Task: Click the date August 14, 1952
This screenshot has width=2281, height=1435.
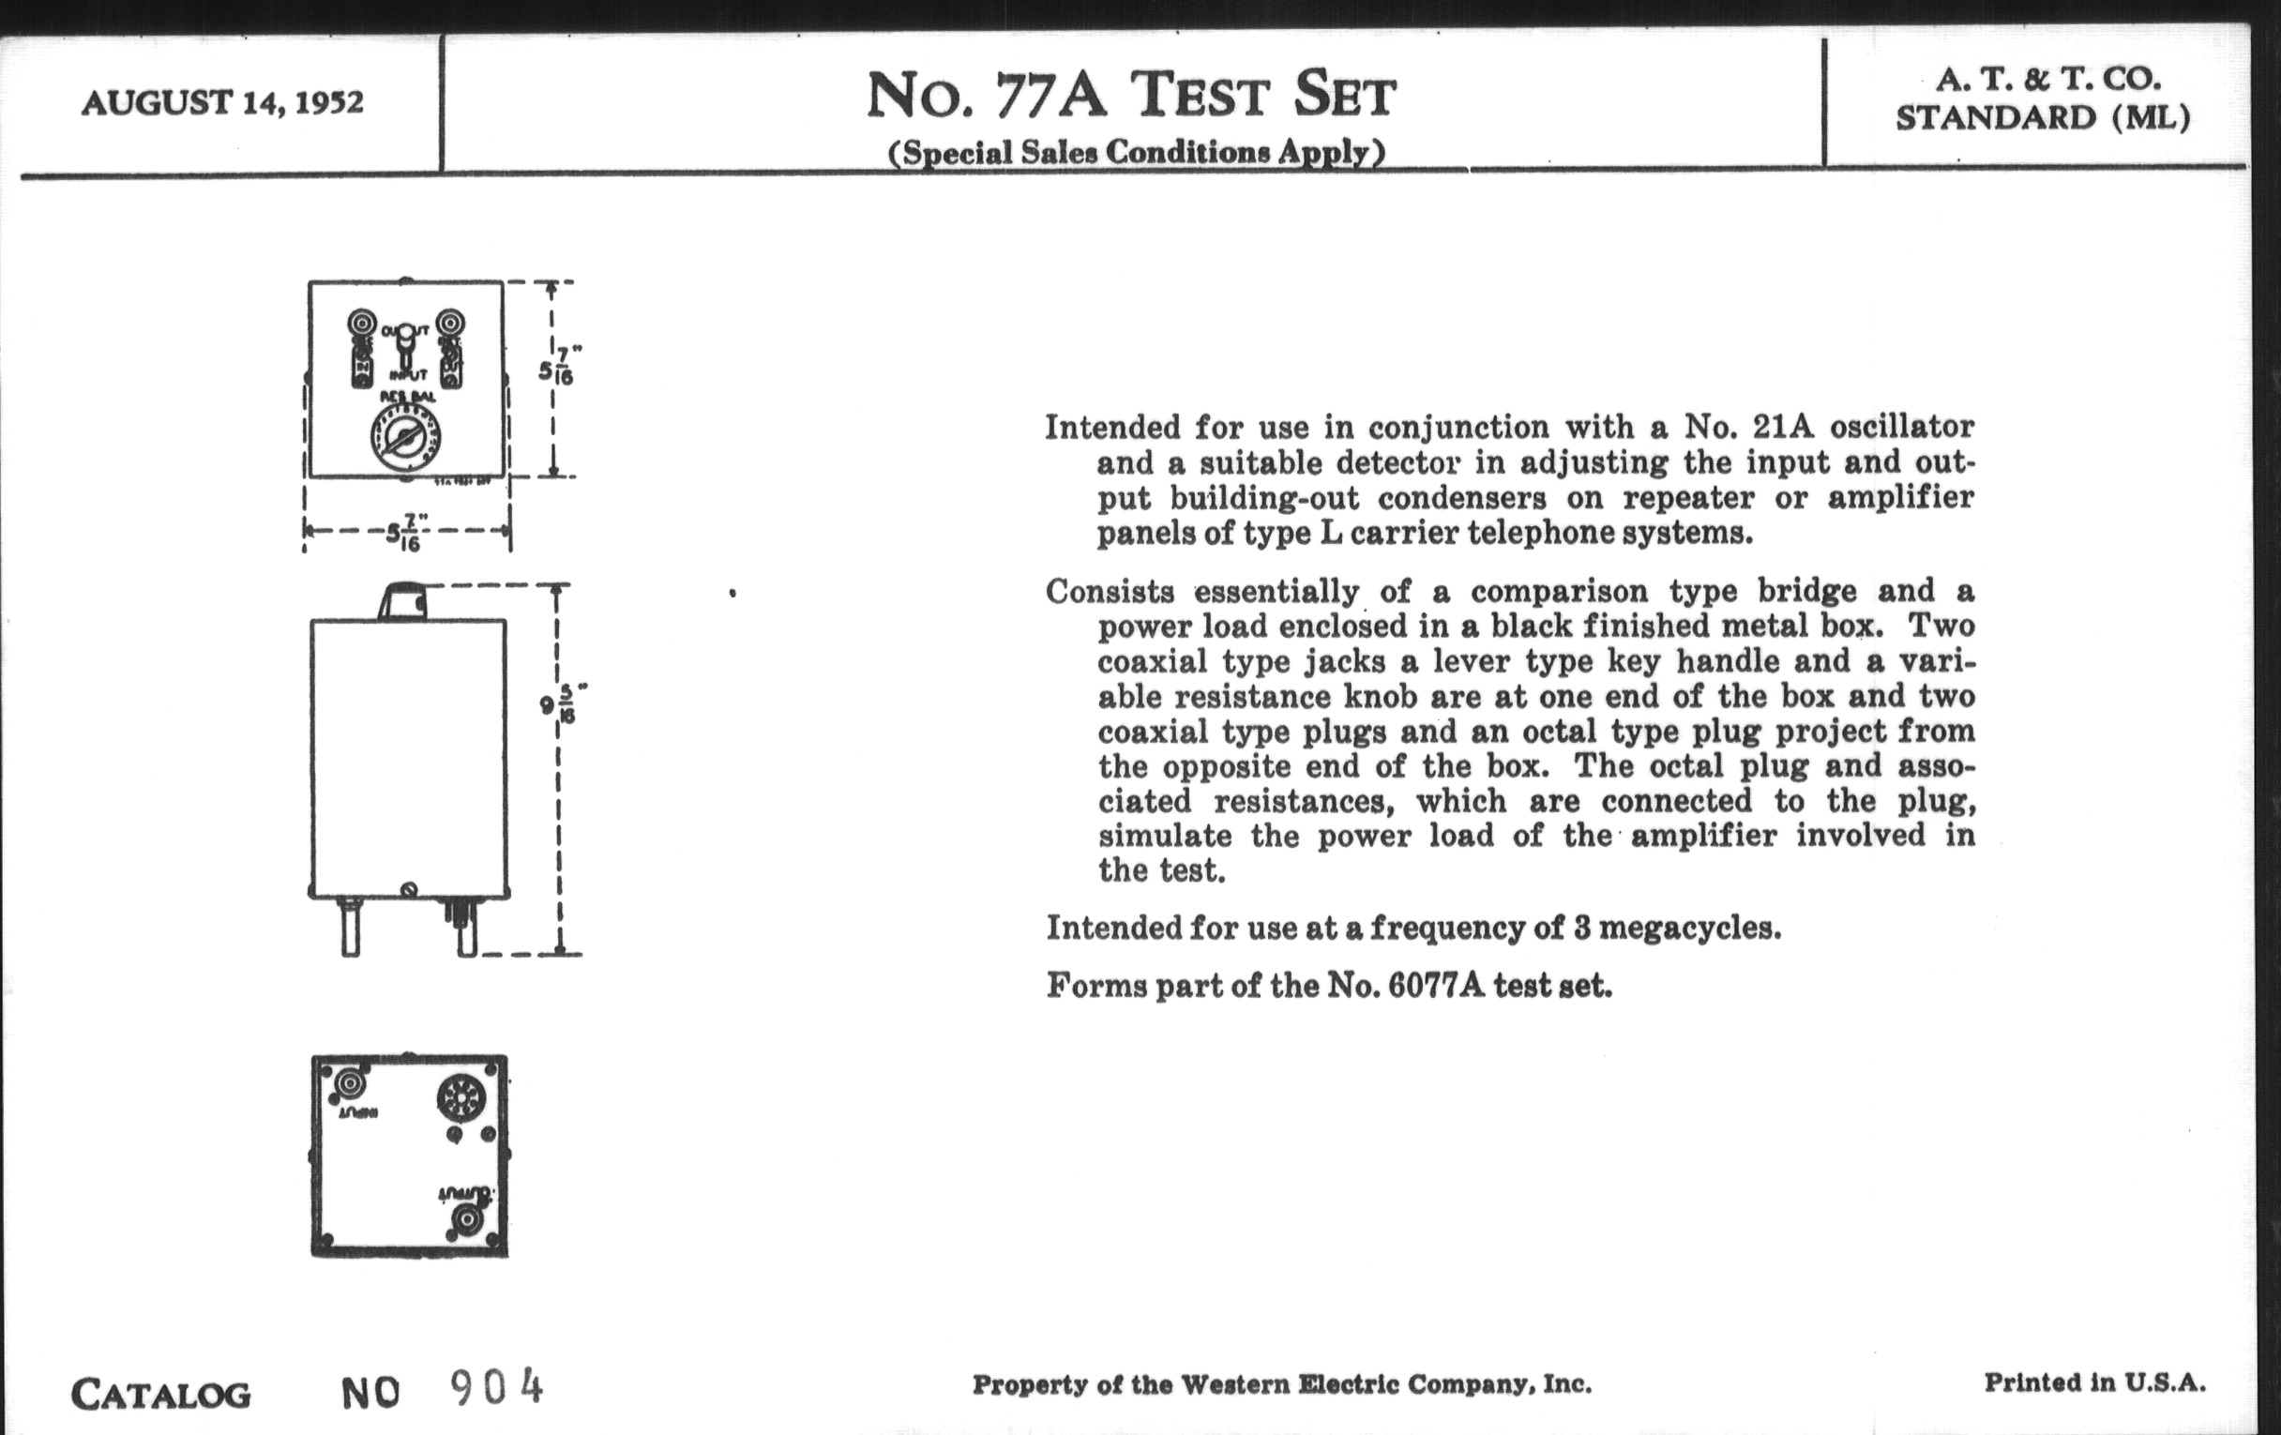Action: pos(222,102)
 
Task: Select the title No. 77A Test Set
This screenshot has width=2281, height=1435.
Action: pos(1131,97)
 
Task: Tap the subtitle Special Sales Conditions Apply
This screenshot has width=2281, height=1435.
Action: pos(1136,153)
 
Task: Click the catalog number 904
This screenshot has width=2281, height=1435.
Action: pos(496,1388)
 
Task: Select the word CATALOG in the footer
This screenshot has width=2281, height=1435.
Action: pos(161,1395)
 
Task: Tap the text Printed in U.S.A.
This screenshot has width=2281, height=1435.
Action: pos(2094,1382)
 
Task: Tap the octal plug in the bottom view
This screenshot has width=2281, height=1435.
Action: pos(461,1098)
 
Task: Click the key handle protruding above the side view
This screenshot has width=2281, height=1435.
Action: pos(402,600)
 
